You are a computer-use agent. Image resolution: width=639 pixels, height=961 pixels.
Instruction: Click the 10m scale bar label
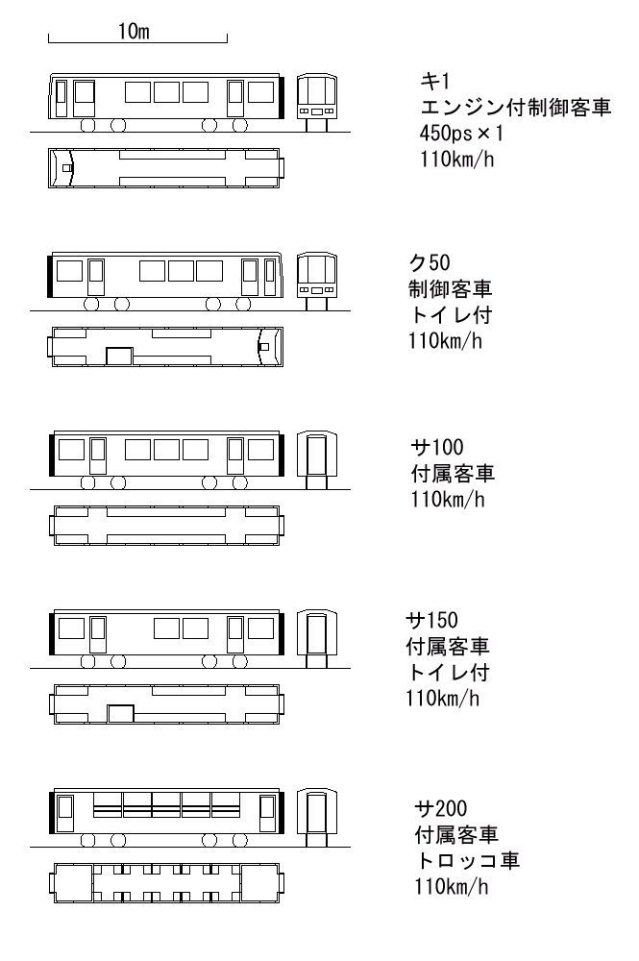tap(134, 31)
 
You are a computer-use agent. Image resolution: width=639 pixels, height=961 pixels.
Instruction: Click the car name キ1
tap(435, 81)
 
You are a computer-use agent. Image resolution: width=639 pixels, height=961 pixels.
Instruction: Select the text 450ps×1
tap(460, 133)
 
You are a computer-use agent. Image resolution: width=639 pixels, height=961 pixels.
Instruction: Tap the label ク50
tap(430, 262)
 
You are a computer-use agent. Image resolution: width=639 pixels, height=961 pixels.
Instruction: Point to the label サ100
tap(437, 447)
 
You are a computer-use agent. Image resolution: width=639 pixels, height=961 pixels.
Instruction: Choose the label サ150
tap(431, 620)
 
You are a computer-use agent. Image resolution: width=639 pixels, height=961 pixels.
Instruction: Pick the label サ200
tap(440, 808)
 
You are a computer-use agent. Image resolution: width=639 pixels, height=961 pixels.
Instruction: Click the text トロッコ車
tap(467, 860)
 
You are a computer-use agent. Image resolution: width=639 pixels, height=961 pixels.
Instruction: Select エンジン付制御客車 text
tap(515, 108)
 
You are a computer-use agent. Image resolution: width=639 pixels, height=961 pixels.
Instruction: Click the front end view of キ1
tap(317, 103)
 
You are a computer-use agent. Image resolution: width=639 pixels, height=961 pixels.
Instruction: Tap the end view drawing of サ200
tap(317, 818)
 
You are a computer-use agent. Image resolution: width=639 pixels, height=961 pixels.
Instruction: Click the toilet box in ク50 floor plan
tap(119, 357)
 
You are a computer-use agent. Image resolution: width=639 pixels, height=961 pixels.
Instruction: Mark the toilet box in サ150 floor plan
tap(121, 714)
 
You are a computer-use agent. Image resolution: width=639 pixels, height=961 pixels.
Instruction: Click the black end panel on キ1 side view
tap(282, 97)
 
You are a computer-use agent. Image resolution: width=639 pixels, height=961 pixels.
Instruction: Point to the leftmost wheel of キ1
tap(88, 125)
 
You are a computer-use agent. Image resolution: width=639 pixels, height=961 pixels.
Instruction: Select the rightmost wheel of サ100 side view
tap(241, 483)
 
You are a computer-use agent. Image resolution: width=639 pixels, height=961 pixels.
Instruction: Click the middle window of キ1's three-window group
tap(166, 92)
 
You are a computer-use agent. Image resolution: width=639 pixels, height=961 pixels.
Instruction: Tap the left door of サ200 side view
tap(65, 814)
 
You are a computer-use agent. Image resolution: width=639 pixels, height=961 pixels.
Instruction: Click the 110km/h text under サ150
tap(442, 698)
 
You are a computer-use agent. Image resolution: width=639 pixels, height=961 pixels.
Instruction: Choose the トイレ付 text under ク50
tap(451, 314)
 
